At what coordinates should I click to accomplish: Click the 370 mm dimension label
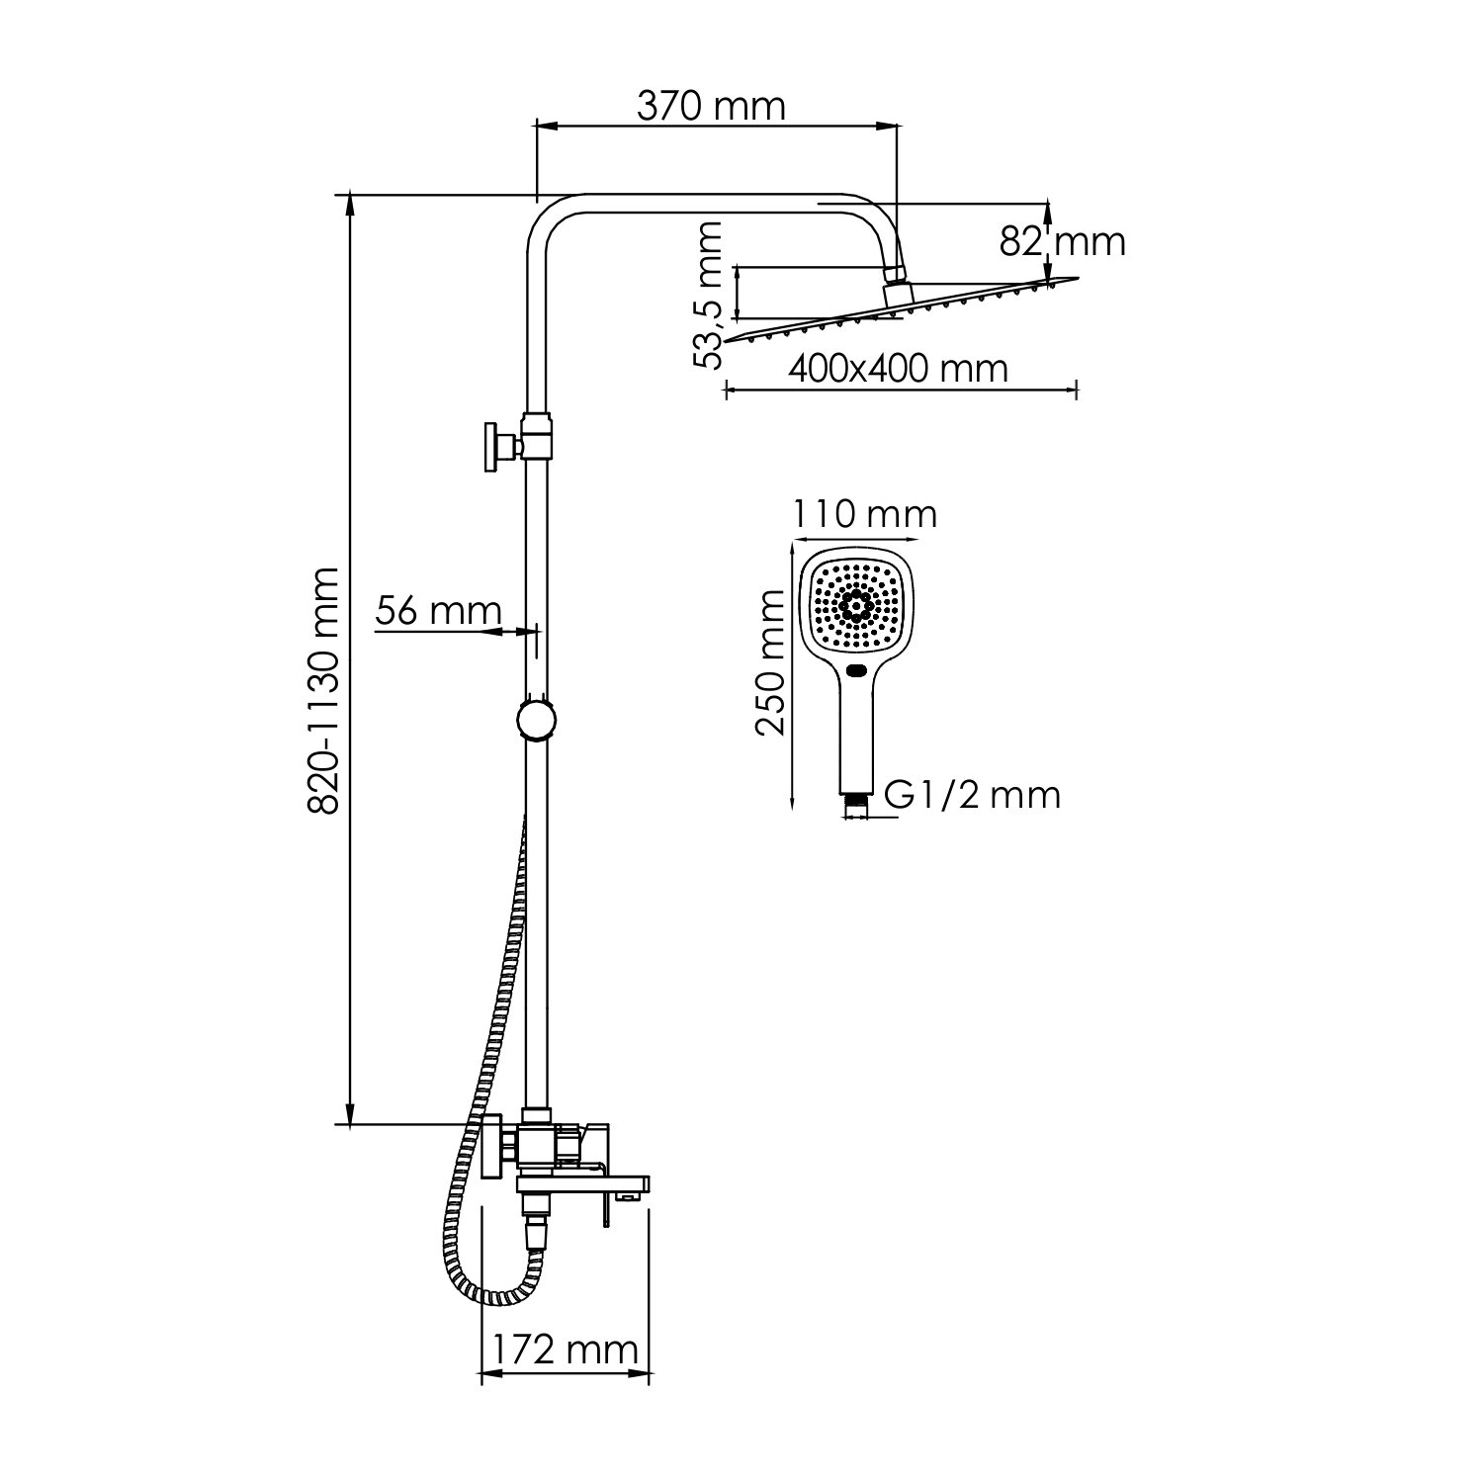point(710,107)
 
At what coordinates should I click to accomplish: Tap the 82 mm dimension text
point(1062,241)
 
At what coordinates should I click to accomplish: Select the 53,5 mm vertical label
point(709,295)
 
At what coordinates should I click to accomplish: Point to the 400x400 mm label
point(898,369)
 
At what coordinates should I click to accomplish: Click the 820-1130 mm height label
point(323,689)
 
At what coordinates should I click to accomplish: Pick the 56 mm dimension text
point(438,612)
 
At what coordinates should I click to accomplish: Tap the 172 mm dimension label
point(565,1349)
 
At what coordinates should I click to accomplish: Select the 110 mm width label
point(864,514)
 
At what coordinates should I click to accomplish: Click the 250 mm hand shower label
point(770,661)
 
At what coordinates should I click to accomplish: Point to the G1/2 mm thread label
point(972,794)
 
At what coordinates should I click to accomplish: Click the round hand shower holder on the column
point(536,719)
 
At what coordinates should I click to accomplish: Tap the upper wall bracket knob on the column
point(491,448)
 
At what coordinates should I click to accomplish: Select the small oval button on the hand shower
point(857,673)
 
